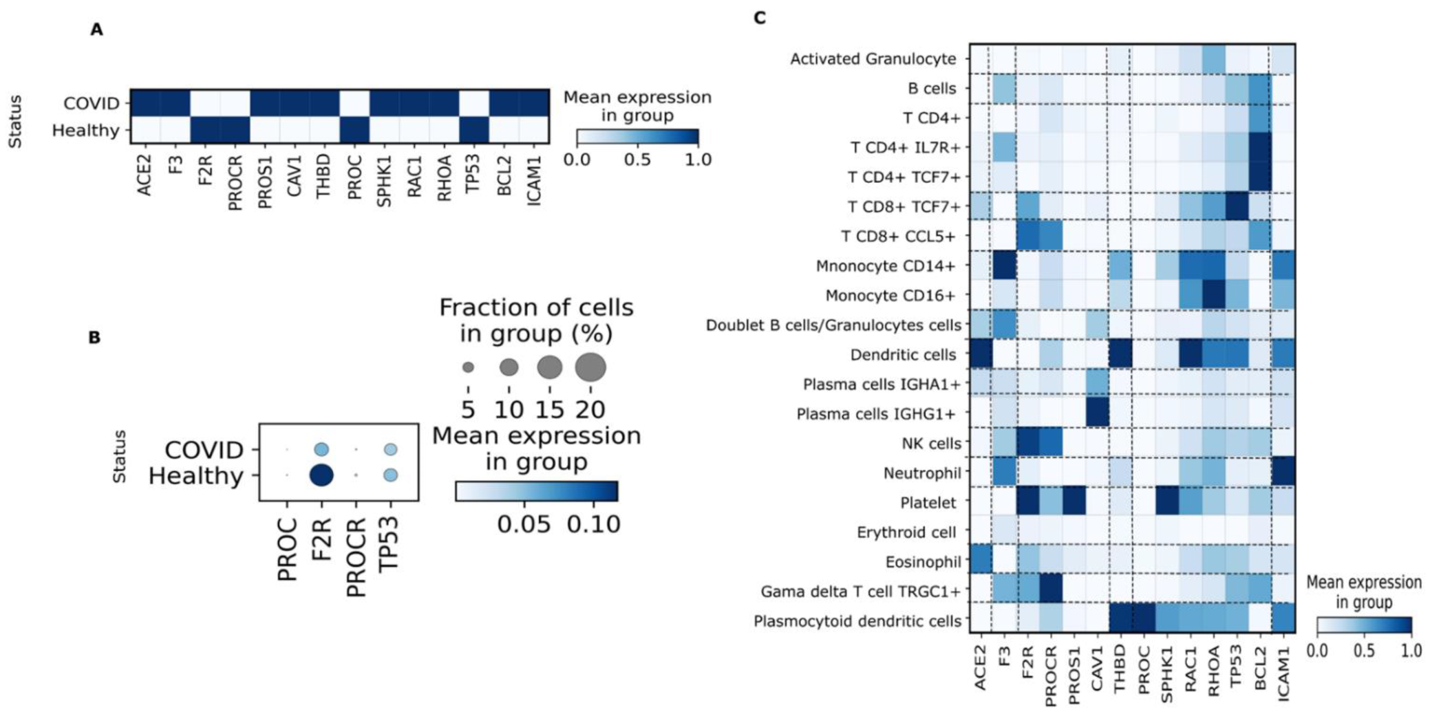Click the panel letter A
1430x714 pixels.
(x=96, y=30)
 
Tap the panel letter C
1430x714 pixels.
(x=759, y=18)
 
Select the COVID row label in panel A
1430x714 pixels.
(x=91, y=103)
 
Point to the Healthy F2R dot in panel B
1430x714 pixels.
(x=321, y=475)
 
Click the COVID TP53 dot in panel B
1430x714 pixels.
(x=390, y=450)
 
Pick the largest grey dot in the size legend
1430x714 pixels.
(x=590, y=367)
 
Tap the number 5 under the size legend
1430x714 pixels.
(x=468, y=410)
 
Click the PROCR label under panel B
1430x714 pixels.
(x=356, y=558)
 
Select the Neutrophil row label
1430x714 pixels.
(x=922, y=473)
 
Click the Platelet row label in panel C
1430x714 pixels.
(x=928, y=503)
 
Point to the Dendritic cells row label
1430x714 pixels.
(x=903, y=355)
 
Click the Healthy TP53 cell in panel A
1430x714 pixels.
(x=473, y=130)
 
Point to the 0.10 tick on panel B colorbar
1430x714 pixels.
(x=593, y=524)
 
